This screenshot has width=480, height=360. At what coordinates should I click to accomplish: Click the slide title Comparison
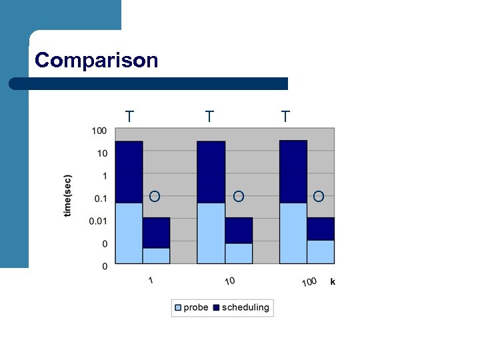tap(97, 61)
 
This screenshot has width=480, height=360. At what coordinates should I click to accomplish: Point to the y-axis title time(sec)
tap(68, 196)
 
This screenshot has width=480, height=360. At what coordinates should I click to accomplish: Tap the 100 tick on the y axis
tap(99, 131)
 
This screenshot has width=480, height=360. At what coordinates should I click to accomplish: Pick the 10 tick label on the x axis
tap(229, 281)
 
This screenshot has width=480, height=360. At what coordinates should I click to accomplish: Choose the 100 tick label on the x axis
tap(309, 282)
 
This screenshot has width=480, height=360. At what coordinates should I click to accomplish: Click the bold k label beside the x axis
tap(333, 281)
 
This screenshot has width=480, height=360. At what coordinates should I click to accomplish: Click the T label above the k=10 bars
tap(209, 117)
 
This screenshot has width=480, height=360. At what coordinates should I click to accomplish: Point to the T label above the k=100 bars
tap(285, 117)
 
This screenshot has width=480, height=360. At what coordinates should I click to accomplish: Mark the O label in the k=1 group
tap(154, 196)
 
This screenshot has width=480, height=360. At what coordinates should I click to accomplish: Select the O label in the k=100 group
tap(319, 196)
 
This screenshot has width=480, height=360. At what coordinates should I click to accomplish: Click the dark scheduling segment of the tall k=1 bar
tap(129, 172)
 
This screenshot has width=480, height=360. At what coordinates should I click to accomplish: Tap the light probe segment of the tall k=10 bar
tap(211, 233)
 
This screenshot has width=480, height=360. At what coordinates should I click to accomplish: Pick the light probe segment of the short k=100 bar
tap(321, 251)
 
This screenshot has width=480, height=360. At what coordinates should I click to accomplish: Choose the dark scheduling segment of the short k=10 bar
tap(239, 230)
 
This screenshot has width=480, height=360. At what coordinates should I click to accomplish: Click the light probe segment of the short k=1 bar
tap(157, 255)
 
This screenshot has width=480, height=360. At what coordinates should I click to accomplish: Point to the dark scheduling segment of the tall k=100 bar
tap(293, 171)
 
